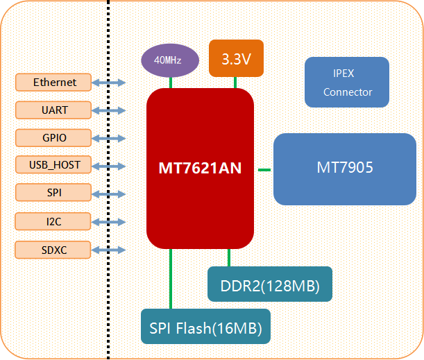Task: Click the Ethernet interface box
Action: [55, 83]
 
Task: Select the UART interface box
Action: [55, 110]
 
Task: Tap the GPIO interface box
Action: [55, 137]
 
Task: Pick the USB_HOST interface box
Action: [55, 165]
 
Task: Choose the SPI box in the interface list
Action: [55, 192]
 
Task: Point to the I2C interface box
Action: [55, 221]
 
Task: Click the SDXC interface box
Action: [55, 249]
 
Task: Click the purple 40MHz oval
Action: [167, 60]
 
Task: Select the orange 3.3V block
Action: [236, 58]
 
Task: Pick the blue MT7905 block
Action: [345, 169]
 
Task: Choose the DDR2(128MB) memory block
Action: [270, 284]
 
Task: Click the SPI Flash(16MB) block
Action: [205, 326]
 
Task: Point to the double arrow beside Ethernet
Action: [110, 83]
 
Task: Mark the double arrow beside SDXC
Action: [110, 250]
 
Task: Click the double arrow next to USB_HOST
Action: [110, 166]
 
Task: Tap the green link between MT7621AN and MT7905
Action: [264, 169]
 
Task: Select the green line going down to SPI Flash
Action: [171, 277]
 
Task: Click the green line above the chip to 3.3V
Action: [235, 83]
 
